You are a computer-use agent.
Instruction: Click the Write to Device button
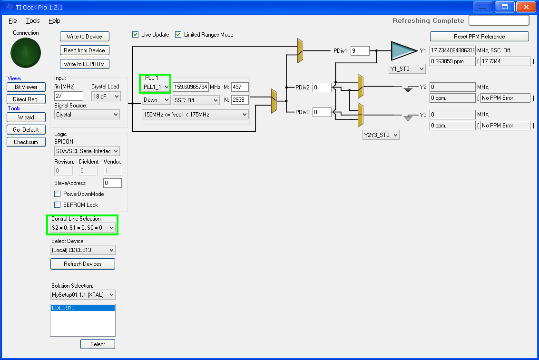coord(85,37)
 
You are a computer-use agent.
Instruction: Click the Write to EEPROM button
coord(85,64)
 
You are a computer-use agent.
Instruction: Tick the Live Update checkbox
coord(136,34)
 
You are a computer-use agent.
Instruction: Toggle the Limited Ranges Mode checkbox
coord(178,34)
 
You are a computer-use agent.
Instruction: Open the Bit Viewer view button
coord(26,87)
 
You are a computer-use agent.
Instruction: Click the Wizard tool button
coord(26,117)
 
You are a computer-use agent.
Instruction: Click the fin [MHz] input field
coord(69,96)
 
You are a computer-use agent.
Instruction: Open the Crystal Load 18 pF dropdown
coord(106,96)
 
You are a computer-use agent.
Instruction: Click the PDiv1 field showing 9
coord(360,50)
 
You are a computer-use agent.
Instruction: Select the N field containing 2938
coord(240,99)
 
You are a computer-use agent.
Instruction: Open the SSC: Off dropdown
coord(196,100)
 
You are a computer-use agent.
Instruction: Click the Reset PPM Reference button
coord(479,37)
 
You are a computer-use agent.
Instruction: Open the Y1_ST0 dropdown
coord(407,68)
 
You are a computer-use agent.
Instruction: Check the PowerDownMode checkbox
coord(58,194)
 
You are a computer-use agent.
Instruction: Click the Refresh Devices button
coord(82,264)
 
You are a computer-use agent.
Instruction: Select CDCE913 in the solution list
coord(82,308)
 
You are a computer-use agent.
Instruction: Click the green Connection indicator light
coord(26,53)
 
